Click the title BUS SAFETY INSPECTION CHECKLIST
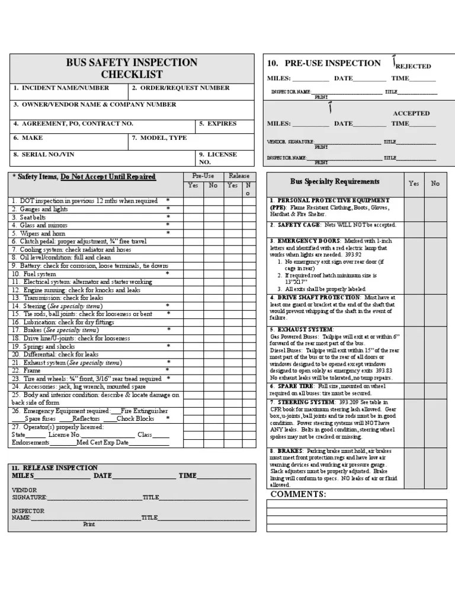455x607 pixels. [132, 68]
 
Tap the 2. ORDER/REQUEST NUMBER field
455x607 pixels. [181, 88]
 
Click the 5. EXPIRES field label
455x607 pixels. [217, 123]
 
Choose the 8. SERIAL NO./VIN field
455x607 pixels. [44, 154]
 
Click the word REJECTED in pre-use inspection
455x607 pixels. [413, 66]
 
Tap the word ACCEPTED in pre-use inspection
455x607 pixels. [411, 113]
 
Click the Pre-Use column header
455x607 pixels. [203, 176]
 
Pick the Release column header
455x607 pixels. [239, 176]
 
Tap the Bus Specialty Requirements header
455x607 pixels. [335, 182]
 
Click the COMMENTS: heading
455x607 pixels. [298, 494]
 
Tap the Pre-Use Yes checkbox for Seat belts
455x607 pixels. [193, 218]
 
